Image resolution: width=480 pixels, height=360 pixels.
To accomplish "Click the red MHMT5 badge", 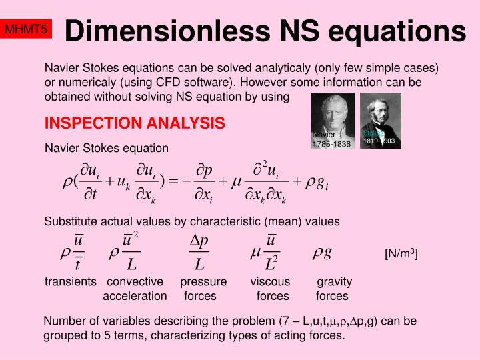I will [x=26, y=29].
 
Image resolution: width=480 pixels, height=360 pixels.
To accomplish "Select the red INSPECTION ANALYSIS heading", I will [x=134, y=123].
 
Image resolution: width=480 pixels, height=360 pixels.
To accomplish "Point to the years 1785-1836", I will [x=331, y=144].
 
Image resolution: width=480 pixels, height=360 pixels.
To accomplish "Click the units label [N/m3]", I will [x=401, y=254].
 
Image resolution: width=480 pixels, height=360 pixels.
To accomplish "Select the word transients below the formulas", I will [x=71, y=282].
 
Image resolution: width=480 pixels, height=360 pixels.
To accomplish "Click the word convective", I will [x=135, y=282].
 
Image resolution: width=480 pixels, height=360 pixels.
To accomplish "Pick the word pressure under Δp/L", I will [x=203, y=282].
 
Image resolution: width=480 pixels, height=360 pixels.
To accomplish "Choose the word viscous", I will [x=270, y=282].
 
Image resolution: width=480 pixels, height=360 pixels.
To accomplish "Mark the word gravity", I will [x=334, y=282].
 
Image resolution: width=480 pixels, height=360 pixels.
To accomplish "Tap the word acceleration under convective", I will [x=135, y=296].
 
